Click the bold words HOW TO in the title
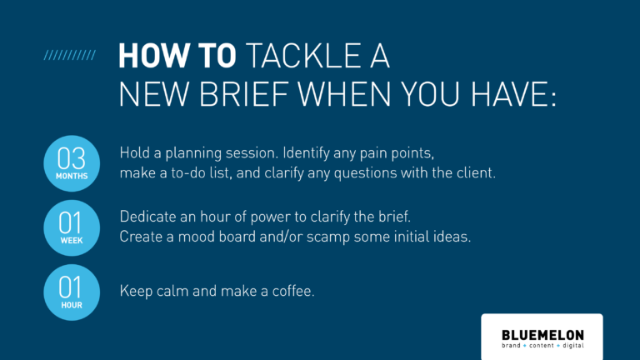[x=177, y=55]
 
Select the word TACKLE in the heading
[x=303, y=55]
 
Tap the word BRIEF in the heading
[x=243, y=94]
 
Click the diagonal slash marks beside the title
[x=70, y=55]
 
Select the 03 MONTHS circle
[x=72, y=163]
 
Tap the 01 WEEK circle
[x=72, y=227]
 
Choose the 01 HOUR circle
[x=72, y=292]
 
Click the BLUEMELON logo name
[x=542, y=335]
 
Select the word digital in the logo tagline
[x=573, y=346]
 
